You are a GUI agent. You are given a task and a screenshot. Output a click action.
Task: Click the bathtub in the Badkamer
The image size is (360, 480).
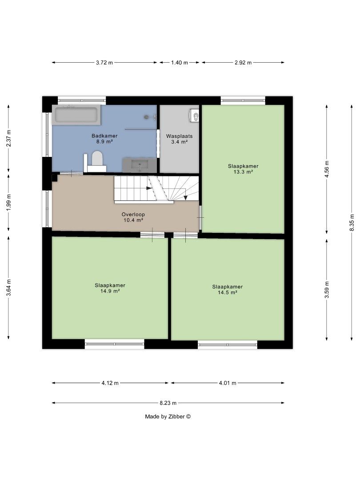[76, 116]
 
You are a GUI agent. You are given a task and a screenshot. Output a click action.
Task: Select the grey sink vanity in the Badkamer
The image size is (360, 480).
[140, 165]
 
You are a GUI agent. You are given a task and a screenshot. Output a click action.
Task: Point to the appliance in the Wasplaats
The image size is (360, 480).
[194, 116]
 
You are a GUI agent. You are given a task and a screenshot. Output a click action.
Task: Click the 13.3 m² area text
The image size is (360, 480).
[243, 172]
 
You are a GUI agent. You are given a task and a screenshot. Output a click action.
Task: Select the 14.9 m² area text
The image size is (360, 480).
[110, 291]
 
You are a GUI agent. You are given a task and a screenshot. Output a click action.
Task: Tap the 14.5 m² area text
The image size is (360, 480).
[228, 292]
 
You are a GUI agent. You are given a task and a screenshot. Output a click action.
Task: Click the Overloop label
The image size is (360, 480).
[133, 214]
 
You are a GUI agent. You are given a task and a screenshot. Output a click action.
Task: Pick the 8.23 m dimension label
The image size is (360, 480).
[168, 403]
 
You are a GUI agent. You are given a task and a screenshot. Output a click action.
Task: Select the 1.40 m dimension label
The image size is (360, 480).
[180, 63]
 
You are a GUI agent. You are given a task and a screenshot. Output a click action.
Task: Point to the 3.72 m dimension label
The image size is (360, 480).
[104, 63]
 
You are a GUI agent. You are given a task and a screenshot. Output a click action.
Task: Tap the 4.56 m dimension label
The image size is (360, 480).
[327, 168]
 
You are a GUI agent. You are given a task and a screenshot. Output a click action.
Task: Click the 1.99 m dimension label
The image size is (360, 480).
[8, 202]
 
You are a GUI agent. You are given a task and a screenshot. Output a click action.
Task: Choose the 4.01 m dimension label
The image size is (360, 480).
[228, 383]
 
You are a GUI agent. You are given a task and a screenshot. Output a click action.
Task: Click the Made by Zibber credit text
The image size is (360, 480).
[168, 416]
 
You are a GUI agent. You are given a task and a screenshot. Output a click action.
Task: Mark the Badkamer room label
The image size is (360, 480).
[105, 136]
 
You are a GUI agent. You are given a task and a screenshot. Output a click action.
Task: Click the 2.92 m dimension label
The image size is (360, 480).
[243, 63]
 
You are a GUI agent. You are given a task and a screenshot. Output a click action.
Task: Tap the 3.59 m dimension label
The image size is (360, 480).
[327, 290]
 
